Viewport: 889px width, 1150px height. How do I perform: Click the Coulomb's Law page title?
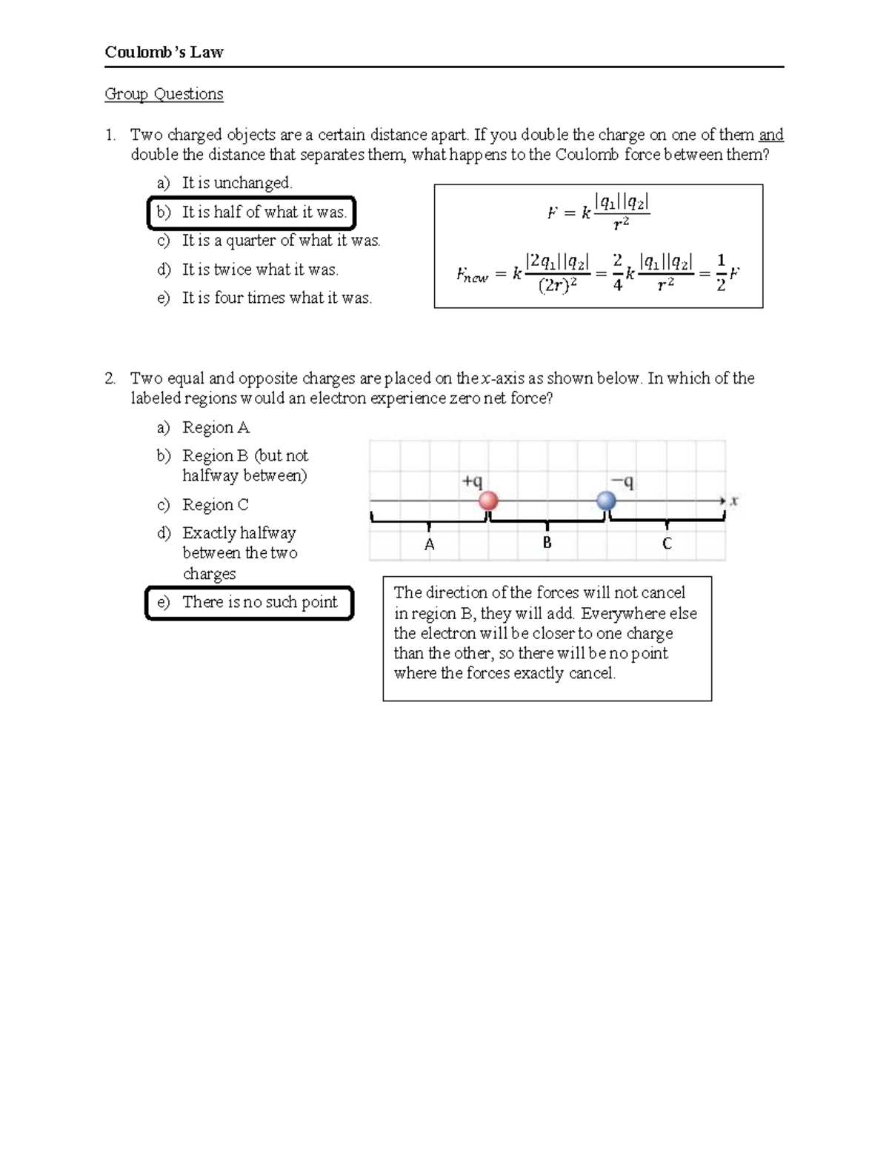pyautogui.click(x=164, y=52)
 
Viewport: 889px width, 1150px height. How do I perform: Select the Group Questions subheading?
pyautogui.click(x=164, y=94)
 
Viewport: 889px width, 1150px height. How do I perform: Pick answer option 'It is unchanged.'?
pyautogui.click(x=237, y=183)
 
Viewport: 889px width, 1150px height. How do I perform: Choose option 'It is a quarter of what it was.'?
pyautogui.click(x=281, y=241)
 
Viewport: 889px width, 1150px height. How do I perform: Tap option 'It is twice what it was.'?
pyautogui.click(x=260, y=270)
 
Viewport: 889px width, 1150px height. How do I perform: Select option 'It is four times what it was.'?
pyautogui.click(x=277, y=298)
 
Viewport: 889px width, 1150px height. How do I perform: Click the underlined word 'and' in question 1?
pyautogui.click(x=770, y=135)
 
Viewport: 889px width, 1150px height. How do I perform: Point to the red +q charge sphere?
pyautogui.click(x=487, y=501)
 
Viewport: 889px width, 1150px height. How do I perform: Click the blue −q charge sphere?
pyautogui.click(x=607, y=501)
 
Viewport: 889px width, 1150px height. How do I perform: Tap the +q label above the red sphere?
pyautogui.click(x=472, y=481)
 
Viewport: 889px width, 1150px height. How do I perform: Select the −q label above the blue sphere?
pyautogui.click(x=622, y=482)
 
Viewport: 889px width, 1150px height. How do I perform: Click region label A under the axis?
pyautogui.click(x=429, y=545)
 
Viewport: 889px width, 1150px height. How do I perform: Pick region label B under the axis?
pyautogui.click(x=547, y=543)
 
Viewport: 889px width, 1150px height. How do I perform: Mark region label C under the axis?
pyautogui.click(x=667, y=544)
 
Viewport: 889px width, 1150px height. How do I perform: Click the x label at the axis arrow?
pyautogui.click(x=733, y=501)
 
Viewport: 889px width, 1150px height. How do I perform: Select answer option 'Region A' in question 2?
pyautogui.click(x=216, y=428)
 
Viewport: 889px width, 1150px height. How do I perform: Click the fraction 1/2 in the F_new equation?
pyautogui.click(x=721, y=273)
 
